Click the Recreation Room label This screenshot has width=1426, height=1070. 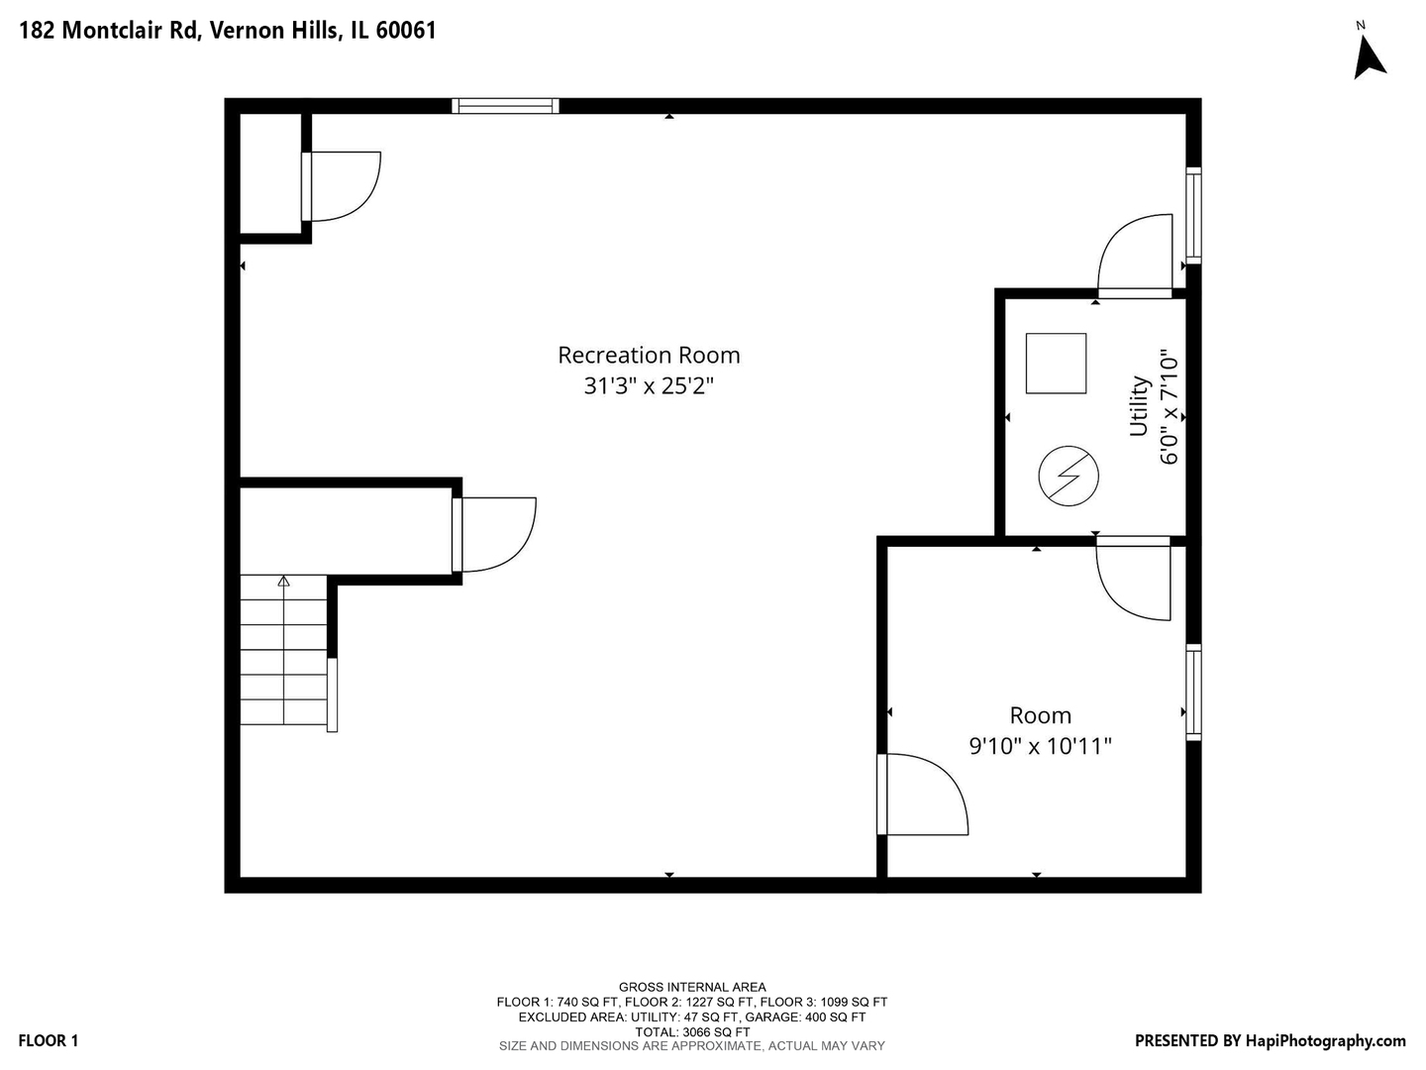coord(649,356)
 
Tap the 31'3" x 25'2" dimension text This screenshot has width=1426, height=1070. coord(649,386)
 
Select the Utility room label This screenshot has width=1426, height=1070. coord(1139,406)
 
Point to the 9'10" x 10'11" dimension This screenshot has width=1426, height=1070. coord(1040,746)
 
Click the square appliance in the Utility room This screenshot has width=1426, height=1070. coord(1056,364)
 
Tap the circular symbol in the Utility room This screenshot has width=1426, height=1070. coord(1069,476)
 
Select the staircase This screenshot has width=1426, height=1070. coord(283,650)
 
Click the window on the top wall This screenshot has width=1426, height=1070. coord(505,106)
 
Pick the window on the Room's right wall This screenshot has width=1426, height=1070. coord(1193,693)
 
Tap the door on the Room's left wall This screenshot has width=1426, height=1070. coord(923,795)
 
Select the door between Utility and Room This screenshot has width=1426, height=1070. coord(1134,579)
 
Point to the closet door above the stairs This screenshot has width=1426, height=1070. coord(494,535)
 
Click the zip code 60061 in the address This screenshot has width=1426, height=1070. coord(406,31)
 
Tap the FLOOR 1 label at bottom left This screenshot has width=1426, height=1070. coord(49,1040)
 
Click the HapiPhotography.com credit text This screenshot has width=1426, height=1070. coord(1325,1040)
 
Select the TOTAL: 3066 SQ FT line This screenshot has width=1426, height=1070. coord(692,1031)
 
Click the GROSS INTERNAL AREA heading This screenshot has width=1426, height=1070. coord(692,988)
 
